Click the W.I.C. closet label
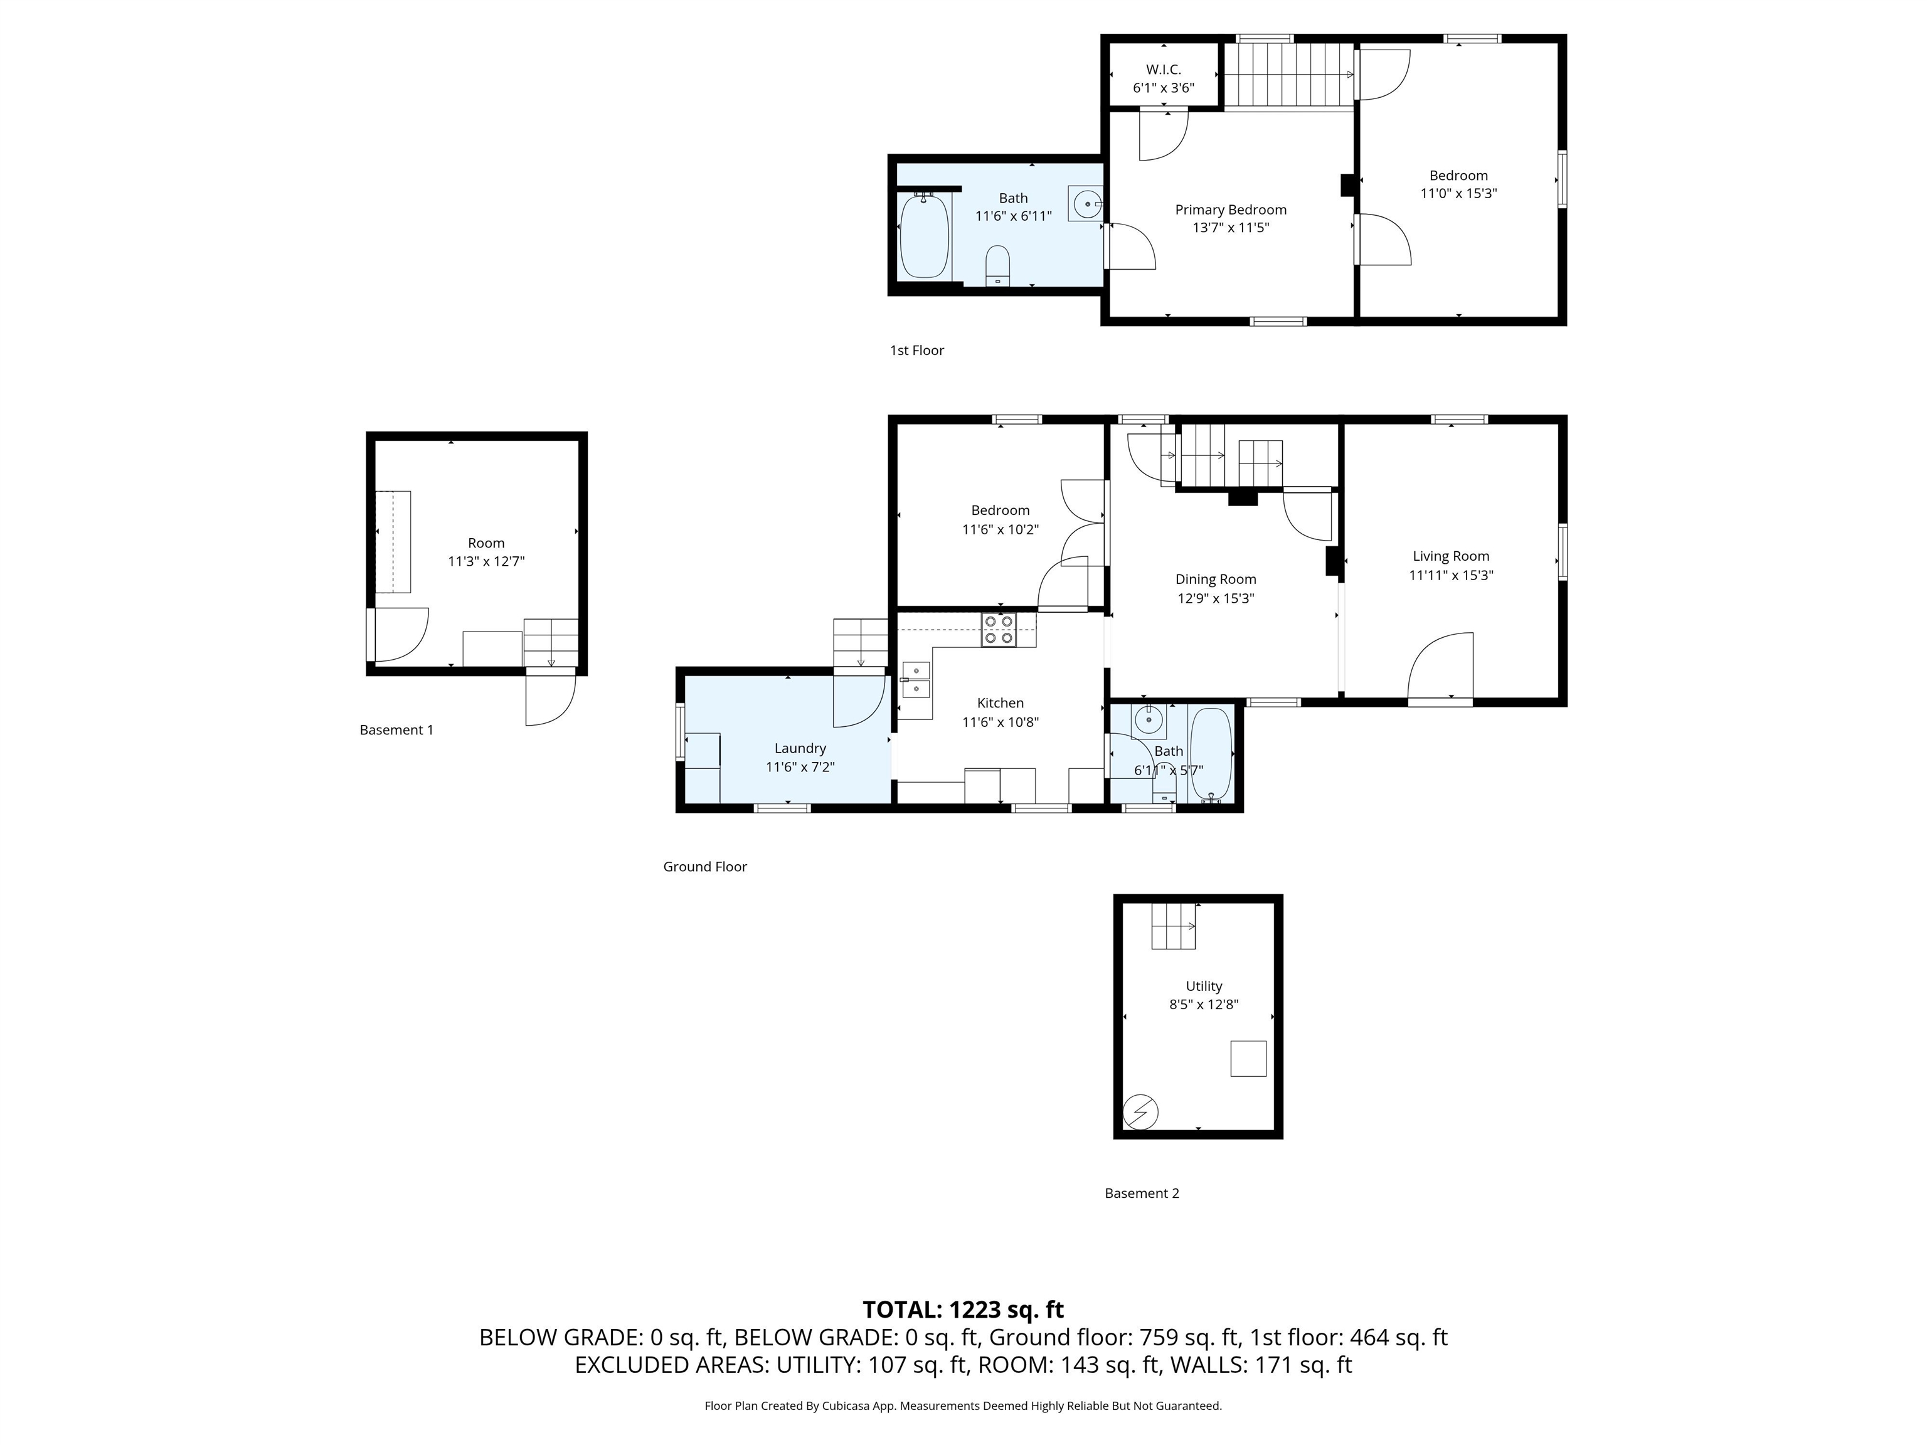click(x=1163, y=70)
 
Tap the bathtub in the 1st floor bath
click(x=923, y=236)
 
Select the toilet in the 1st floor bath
click(x=997, y=265)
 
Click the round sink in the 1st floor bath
click(x=1086, y=204)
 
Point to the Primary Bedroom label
click(x=1230, y=210)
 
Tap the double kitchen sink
click(x=916, y=679)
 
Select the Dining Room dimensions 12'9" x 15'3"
click(x=1215, y=598)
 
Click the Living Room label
click(x=1450, y=556)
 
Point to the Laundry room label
click(x=800, y=748)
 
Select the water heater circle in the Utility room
click(x=1140, y=1112)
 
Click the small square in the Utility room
click(x=1248, y=1058)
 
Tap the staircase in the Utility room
click(x=1174, y=926)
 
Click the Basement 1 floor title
click(x=396, y=730)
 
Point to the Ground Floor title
click(x=705, y=867)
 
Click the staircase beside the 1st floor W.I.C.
click(x=1289, y=74)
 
